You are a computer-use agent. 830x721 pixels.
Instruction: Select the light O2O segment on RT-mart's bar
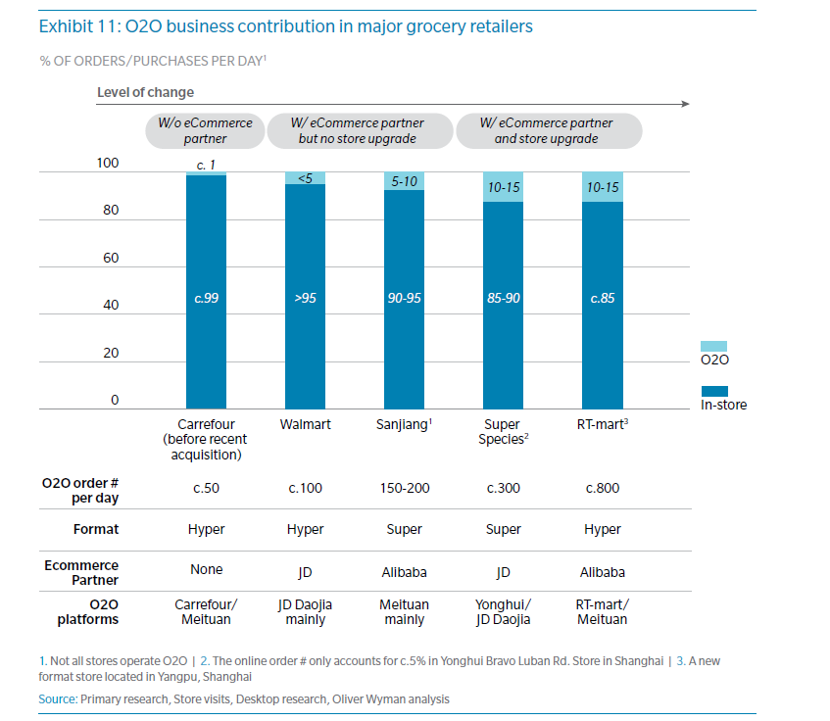(602, 187)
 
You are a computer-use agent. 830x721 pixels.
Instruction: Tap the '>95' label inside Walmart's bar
(305, 299)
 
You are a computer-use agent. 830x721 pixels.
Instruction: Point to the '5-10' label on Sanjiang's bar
(404, 181)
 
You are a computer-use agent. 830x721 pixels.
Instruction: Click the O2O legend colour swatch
(714, 346)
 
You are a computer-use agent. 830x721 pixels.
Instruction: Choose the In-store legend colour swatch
(714, 391)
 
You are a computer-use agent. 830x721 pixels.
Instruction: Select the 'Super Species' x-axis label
(504, 432)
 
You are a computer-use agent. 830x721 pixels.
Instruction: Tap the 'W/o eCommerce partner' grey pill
(206, 130)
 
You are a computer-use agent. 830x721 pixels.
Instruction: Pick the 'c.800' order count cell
(602, 488)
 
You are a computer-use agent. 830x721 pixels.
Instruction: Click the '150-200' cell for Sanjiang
(404, 488)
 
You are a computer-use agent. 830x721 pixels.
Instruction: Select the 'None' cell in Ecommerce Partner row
(206, 569)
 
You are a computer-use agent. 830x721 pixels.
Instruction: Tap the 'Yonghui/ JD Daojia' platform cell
(504, 611)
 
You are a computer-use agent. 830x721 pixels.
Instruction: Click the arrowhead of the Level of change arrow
(686, 104)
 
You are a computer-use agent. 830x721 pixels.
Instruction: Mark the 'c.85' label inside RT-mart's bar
(602, 299)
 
